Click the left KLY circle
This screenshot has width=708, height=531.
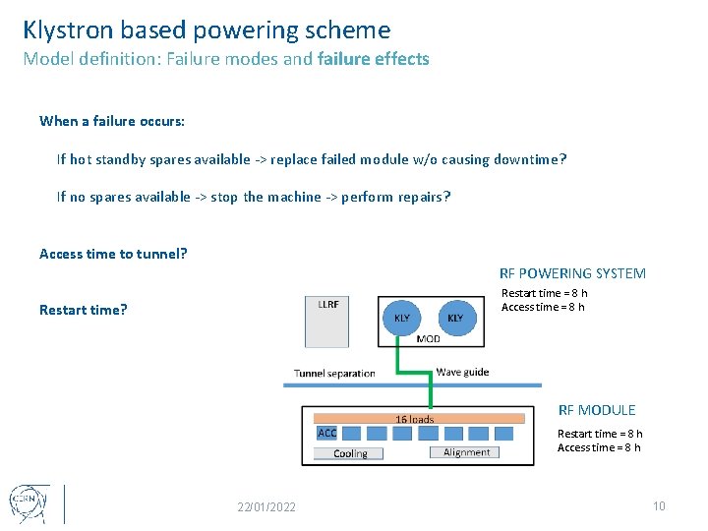pyautogui.click(x=402, y=318)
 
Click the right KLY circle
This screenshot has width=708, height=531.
pyautogui.click(x=455, y=318)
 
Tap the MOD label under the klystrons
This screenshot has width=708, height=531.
pyautogui.click(x=429, y=339)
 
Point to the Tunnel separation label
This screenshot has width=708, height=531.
pyautogui.click(x=334, y=373)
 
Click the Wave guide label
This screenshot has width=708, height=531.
pyautogui.click(x=462, y=372)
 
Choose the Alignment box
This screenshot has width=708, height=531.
pyautogui.click(x=465, y=452)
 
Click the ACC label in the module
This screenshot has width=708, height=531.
pyautogui.click(x=327, y=433)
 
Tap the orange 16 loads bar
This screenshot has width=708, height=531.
pyautogui.click(x=414, y=419)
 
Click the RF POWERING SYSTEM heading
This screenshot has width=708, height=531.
pyautogui.click(x=572, y=273)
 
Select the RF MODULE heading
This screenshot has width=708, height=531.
pyautogui.click(x=597, y=410)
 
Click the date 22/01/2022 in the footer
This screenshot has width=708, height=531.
pyautogui.click(x=266, y=506)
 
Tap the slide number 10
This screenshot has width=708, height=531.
pyautogui.click(x=659, y=505)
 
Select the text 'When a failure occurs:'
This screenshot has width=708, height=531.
pyautogui.click(x=112, y=121)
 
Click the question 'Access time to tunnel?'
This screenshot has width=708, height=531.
pyautogui.click(x=113, y=254)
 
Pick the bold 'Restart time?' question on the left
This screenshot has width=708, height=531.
pyautogui.click(x=84, y=310)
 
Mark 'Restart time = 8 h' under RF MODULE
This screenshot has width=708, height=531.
pyautogui.click(x=600, y=434)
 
